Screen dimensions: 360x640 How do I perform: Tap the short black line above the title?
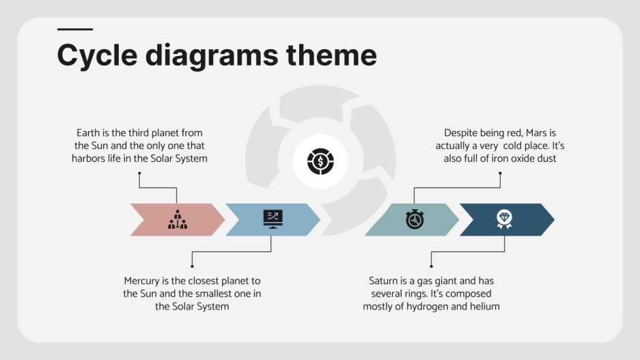pos(74,29)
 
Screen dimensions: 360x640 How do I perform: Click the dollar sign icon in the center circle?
pos(320,162)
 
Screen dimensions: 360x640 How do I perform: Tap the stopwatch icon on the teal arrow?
pos(415,219)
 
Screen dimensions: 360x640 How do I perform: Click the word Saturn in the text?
pos(384,281)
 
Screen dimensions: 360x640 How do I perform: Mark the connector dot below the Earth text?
pos(139,174)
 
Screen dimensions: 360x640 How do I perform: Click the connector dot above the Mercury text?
pos(193,266)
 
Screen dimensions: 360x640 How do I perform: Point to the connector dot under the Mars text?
pos(500,174)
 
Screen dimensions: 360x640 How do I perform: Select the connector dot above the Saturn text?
pos(431,266)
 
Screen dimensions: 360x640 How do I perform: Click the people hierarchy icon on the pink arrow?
pos(177,219)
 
